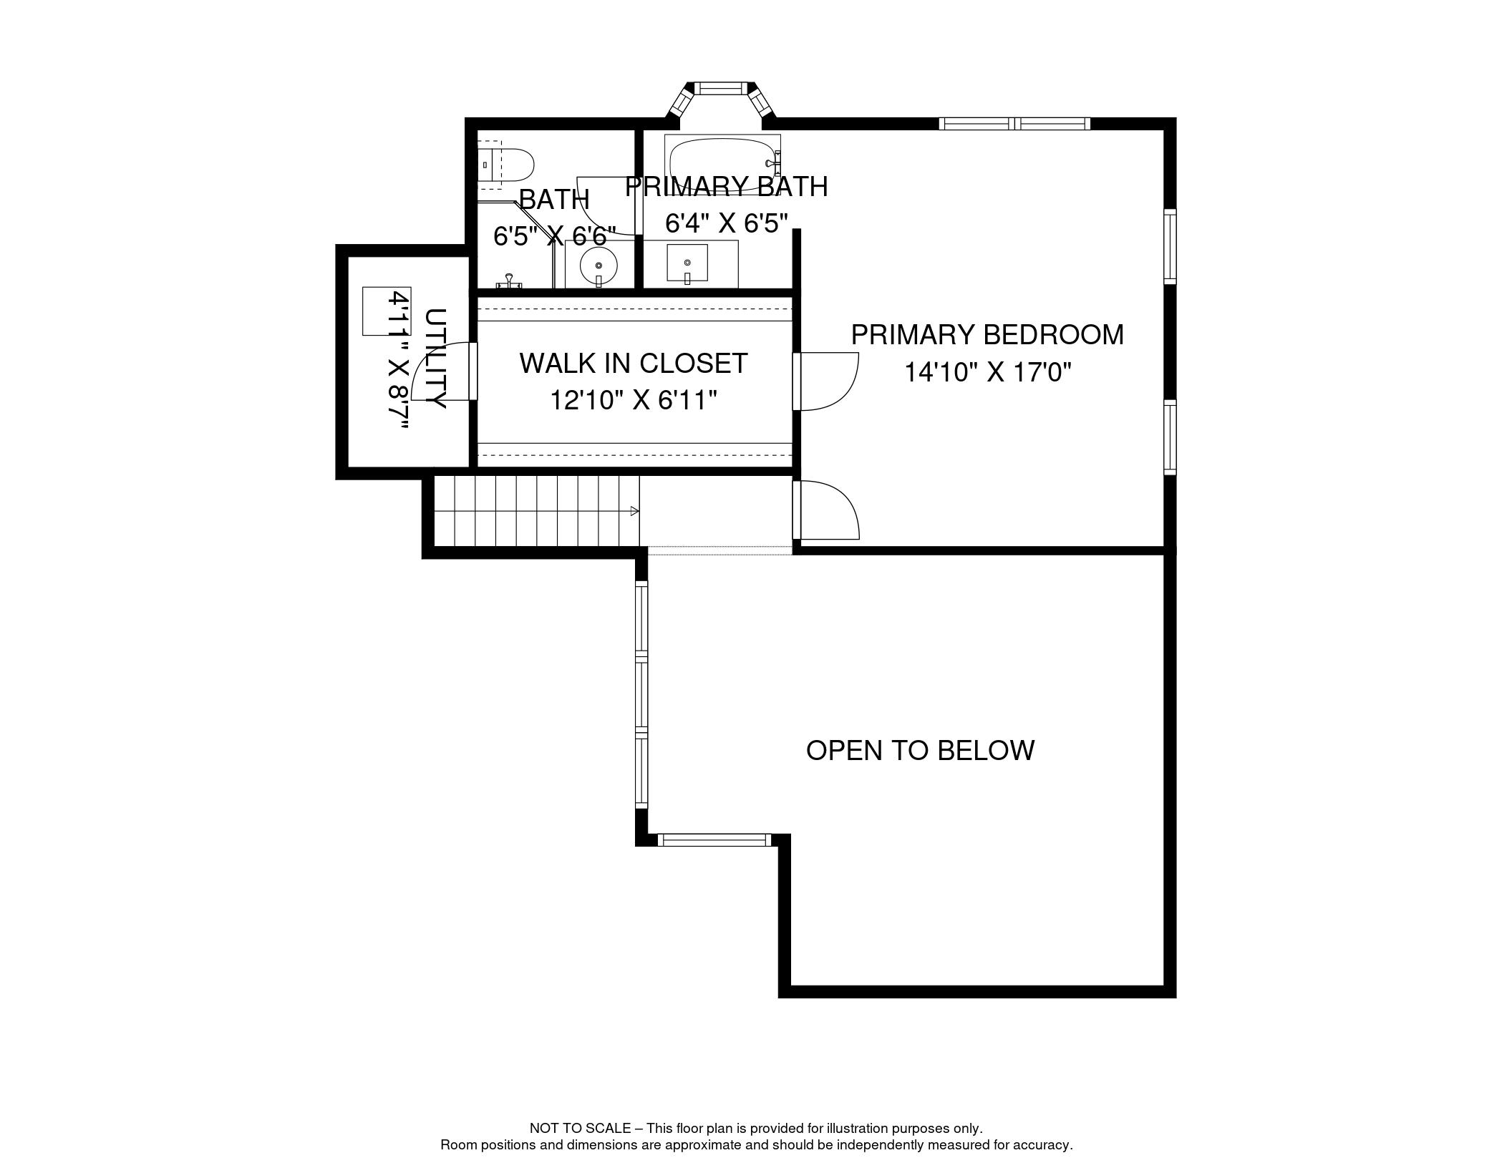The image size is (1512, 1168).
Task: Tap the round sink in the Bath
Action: (x=598, y=266)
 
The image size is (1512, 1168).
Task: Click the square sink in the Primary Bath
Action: (x=687, y=263)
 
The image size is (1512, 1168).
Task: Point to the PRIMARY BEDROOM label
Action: (x=987, y=335)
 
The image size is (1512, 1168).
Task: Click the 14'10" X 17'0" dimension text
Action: (x=987, y=372)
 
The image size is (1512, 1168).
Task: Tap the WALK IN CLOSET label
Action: (x=634, y=364)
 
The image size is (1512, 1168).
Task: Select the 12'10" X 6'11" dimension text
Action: (x=634, y=400)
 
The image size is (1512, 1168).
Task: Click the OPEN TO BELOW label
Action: (x=920, y=750)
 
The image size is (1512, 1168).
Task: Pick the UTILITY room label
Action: (x=435, y=359)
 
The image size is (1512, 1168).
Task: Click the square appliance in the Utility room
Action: (x=387, y=311)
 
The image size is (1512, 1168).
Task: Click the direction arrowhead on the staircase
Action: (x=634, y=511)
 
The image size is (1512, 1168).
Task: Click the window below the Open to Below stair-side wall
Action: (x=714, y=840)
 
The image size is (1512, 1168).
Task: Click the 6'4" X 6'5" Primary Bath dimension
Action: (x=727, y=223)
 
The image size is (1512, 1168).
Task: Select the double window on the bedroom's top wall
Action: (x=1014, y=124)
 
